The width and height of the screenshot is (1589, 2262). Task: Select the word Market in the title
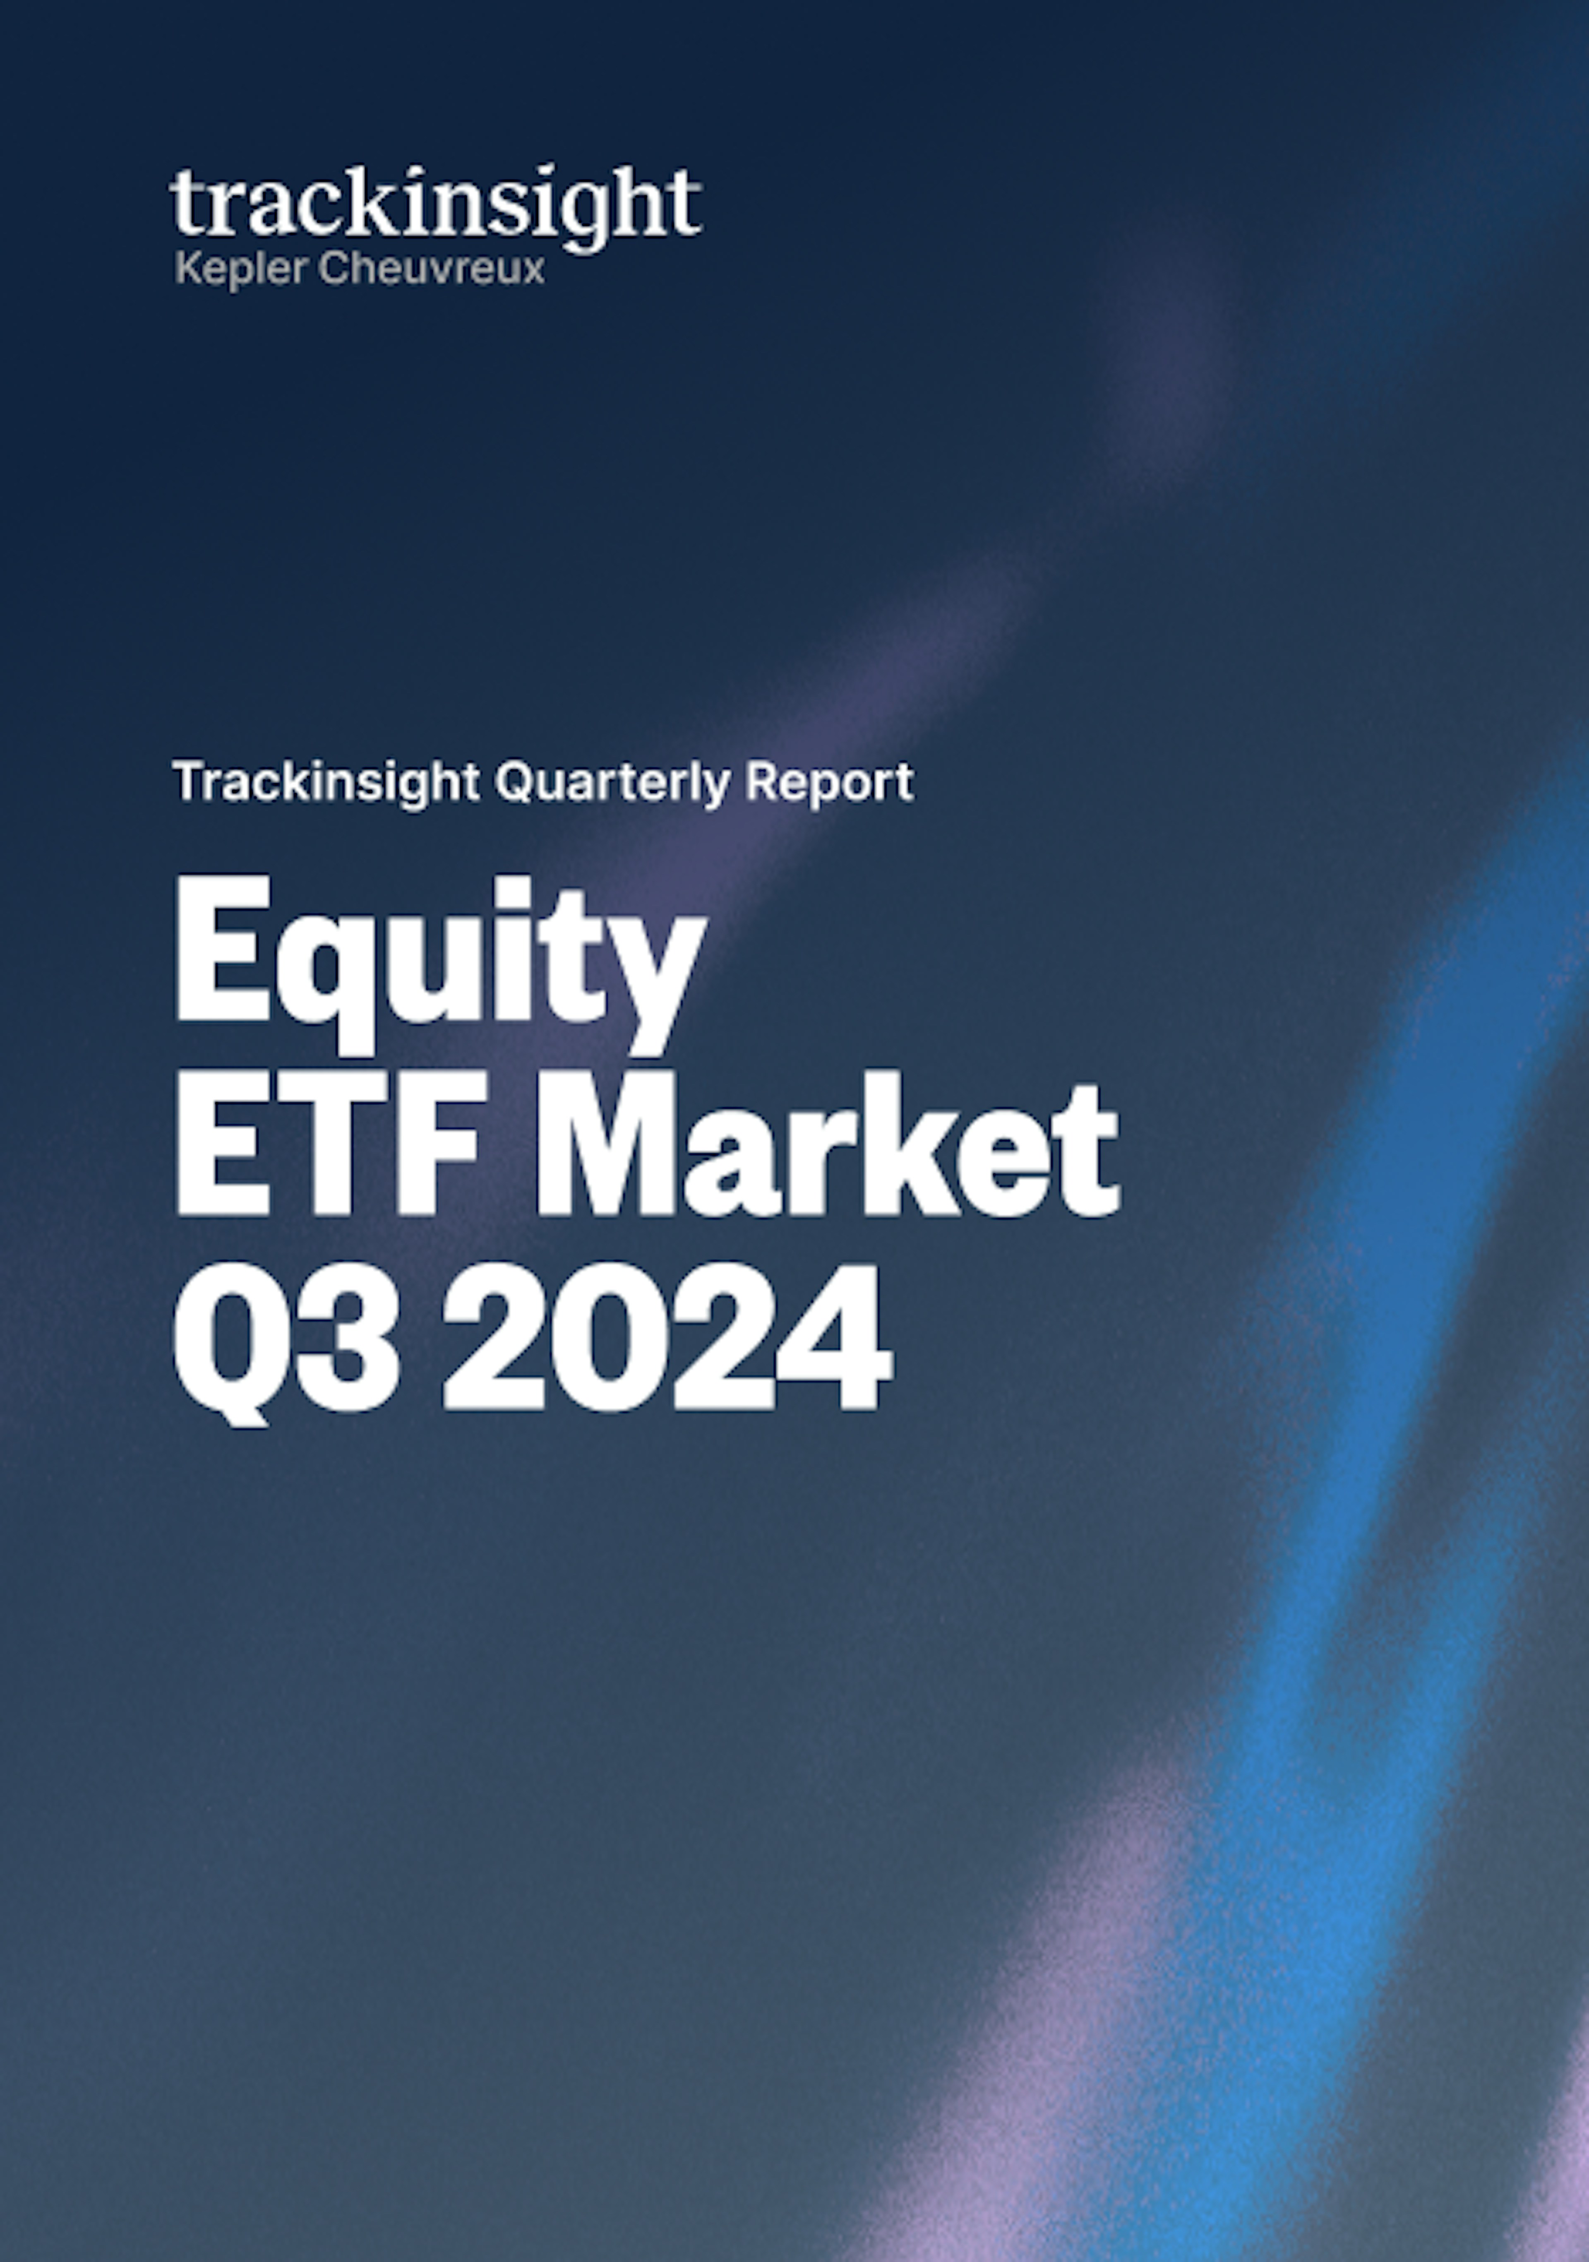point(826,1146)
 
